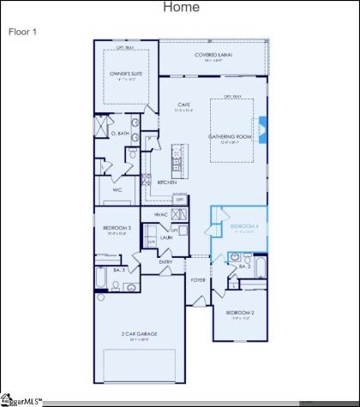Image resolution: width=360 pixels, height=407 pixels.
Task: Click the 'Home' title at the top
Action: coord(180,8)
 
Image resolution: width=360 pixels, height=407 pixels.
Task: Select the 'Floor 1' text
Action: coord(22,32)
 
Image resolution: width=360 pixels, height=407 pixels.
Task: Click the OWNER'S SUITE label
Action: coord(125,75)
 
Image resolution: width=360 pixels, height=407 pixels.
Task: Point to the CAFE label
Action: coord(171,105)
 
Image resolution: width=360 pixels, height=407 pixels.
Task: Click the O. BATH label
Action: coord(120,134)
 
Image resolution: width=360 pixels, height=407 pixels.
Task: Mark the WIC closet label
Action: coord(117,190)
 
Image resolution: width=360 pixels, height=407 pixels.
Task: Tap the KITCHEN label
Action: coord(166,183)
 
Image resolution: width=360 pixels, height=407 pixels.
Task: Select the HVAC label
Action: coord(160,213)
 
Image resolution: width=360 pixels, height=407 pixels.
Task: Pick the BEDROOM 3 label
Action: coord(117,227)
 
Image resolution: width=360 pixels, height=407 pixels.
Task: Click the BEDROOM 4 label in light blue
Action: coord(243,226)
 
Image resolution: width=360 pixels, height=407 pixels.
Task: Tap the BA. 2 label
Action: coord(243,266)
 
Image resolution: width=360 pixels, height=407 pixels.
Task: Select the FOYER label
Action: coord(198,279)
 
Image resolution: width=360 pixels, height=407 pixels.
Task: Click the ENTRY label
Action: coord(165,262)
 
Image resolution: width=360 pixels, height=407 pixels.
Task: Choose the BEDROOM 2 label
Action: coord(240,313)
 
